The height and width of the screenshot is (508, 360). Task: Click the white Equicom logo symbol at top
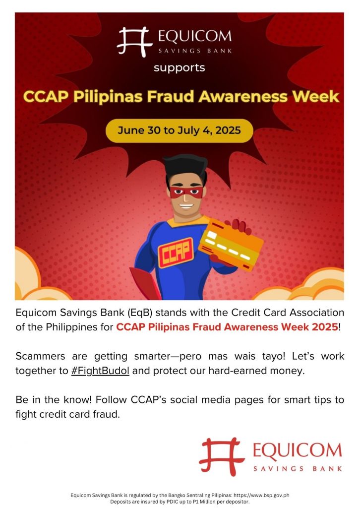coord(134,42)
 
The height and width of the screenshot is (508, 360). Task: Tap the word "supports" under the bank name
coord(180,68)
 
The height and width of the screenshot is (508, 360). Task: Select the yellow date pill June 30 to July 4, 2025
coord(180,130)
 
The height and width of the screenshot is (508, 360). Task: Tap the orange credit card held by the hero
coord(231,244)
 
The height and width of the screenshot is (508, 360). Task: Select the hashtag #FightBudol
coord(100,371)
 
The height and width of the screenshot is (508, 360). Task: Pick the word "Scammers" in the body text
coord(40,356)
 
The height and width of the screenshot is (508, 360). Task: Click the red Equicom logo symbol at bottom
coord(222,456)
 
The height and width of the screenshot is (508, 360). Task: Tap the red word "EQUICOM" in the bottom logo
coord(297,450)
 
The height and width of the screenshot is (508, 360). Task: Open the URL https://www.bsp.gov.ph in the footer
coord(261,495)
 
